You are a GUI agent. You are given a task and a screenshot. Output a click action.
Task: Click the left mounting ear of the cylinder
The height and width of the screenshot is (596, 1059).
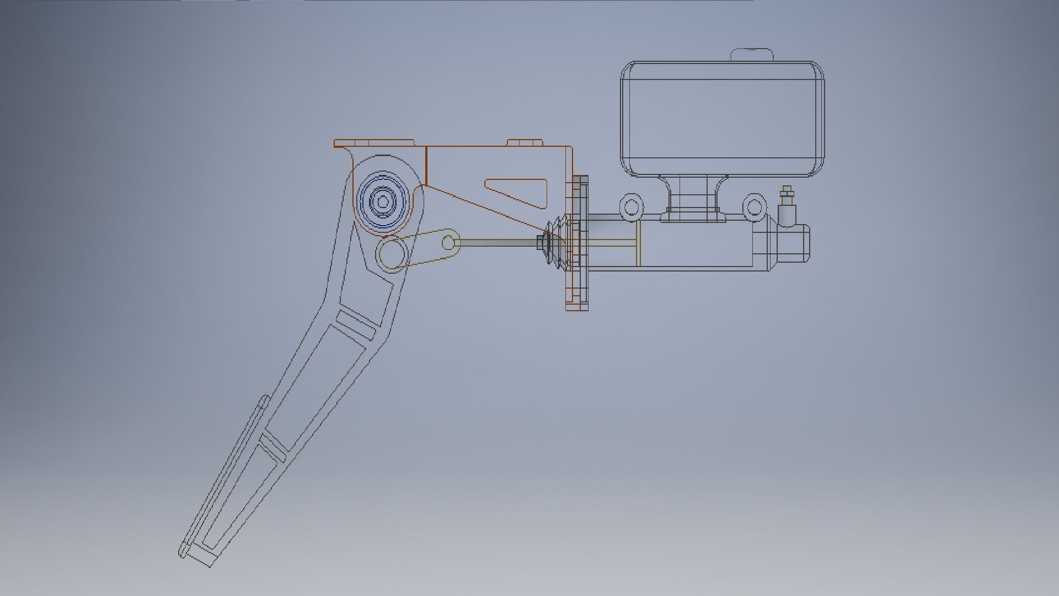(x=631, y=206)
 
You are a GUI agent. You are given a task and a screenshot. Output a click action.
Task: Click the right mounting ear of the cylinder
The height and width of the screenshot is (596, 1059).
(x=754, y=206)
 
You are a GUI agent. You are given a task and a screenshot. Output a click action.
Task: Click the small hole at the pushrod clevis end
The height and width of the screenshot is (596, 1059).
(x=450, y=242)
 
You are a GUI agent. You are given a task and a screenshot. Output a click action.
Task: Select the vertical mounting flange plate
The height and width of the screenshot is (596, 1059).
(x=577, y=243)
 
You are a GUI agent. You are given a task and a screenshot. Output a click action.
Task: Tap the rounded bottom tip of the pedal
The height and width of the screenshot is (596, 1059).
(x=184, y=551)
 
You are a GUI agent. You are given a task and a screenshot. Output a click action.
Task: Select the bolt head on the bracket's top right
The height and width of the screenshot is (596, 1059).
(x=524, y=142)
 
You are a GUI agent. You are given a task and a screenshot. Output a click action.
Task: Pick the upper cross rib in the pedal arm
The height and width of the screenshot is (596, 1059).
(x=357, y=323)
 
